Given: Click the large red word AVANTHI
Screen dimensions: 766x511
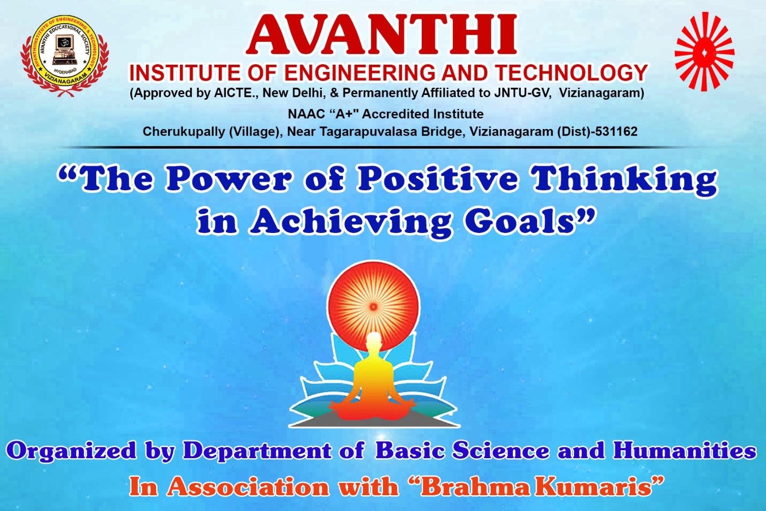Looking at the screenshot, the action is [382, 35].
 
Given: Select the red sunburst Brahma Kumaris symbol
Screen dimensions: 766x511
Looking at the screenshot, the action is [704, 52].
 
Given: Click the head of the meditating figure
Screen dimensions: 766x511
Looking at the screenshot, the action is [373, 341].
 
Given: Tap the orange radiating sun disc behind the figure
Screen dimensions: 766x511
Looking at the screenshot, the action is [373, 306].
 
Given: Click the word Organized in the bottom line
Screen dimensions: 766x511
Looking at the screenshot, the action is [71, 452].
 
